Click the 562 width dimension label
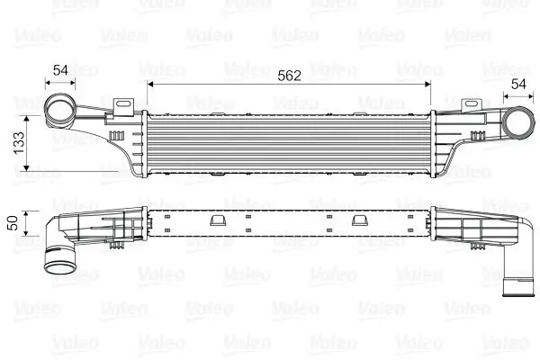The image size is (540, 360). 289,76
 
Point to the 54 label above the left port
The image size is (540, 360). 61,70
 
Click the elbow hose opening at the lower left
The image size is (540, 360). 61,268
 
